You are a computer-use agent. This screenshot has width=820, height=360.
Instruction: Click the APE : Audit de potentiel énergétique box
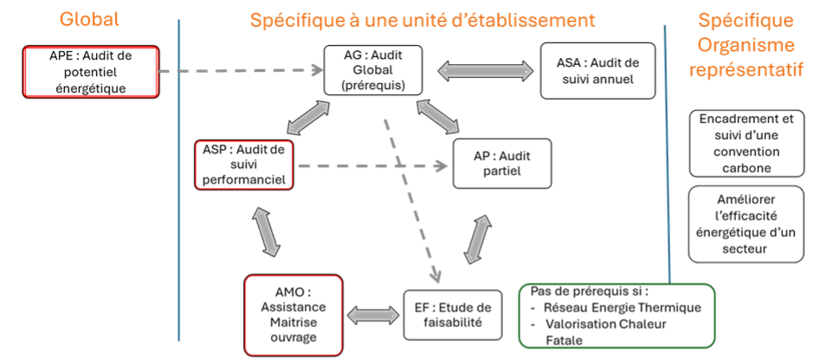pos(91,72)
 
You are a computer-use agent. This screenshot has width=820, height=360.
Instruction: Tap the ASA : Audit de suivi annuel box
pos(597,70)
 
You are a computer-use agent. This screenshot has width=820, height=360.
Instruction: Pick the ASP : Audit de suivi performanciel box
pos(243,164)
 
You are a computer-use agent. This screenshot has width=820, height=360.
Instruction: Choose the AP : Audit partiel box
pos(502,163)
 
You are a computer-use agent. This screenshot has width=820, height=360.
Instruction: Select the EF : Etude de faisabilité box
pos(452,314)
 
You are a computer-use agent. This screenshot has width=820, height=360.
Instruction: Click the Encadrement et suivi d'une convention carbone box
pos(746,142)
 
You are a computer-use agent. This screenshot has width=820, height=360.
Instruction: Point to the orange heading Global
pos(90,19)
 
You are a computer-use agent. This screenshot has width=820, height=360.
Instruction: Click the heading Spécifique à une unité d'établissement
pos(423,20)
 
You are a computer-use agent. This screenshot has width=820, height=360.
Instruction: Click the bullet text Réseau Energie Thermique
pos(622,308)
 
